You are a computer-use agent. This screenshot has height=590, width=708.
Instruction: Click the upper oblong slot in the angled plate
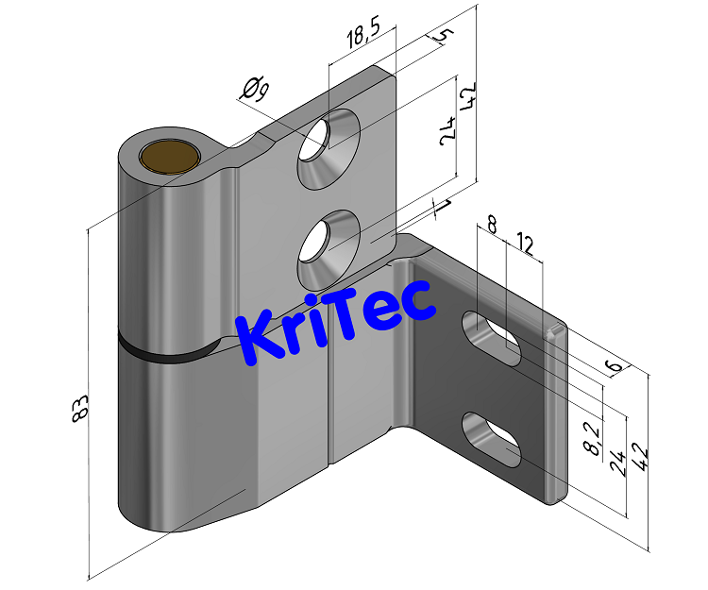pos(491,337)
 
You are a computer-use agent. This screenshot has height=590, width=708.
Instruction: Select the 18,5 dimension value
pos(363,39)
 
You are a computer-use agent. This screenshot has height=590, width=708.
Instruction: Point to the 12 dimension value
pos(525,247)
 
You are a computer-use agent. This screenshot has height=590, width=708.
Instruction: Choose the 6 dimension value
pos(614,364)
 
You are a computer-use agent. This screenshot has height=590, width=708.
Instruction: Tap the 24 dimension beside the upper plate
pos(448,129)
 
